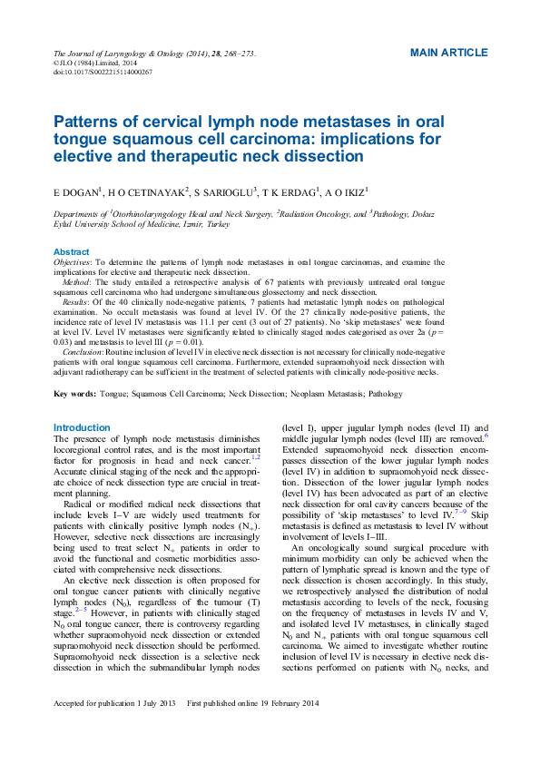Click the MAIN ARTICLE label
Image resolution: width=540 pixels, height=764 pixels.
coord(448,53)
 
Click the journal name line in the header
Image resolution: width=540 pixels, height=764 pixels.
coord(154,54)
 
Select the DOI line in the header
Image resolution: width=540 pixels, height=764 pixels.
coord(103,71)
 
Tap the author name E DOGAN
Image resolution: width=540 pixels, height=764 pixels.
coord(78,192)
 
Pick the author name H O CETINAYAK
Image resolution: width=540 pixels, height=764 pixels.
coord(149,192)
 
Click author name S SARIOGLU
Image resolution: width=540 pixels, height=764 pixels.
coord(225,192)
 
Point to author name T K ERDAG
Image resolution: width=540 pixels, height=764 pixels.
coord(291,192)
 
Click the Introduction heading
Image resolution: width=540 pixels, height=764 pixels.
coord(82,427)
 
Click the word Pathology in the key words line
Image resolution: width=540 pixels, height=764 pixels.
coord(386,394)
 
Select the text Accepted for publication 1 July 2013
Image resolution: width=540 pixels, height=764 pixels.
coord(114,729)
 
